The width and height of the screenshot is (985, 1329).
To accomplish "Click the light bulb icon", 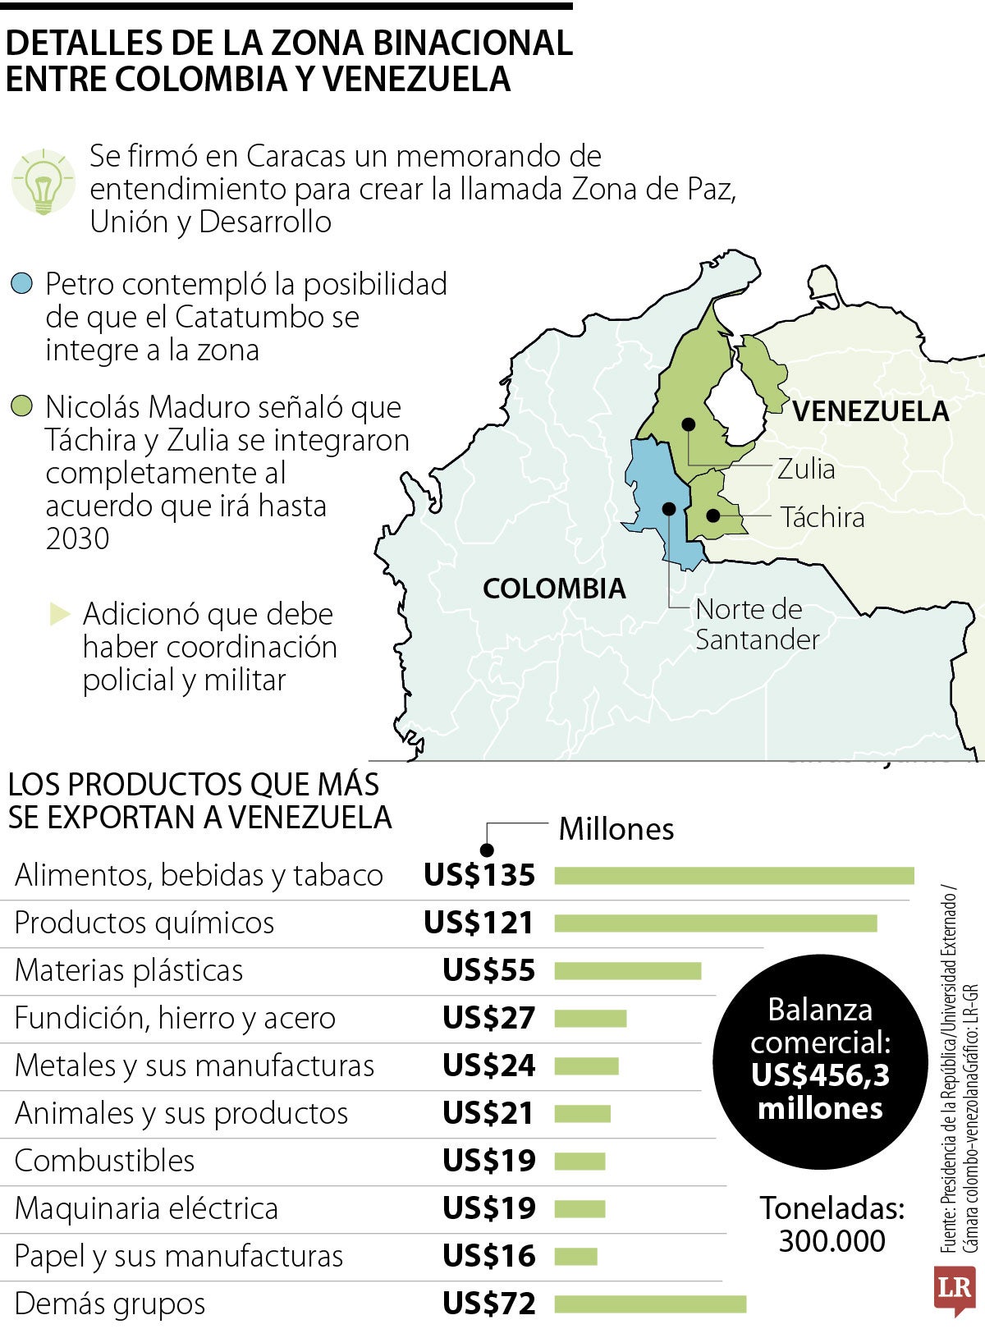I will (x=43, y=182).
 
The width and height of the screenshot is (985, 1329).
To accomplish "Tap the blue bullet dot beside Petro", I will (x=22, y=284).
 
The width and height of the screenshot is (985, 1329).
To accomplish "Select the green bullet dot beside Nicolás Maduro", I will (x=22, y=406).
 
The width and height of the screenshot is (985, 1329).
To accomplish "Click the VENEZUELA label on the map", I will (x=870, y=411).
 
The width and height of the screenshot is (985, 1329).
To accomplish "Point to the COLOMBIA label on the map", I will (x=554, y=589).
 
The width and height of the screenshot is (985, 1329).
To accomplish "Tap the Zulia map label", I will (x=806, y=470).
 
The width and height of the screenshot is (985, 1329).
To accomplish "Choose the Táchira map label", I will (x=822, y=517).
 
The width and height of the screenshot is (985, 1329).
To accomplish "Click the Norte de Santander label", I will (x=756, y=624).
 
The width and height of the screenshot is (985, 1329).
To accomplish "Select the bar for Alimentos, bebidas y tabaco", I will (x=734, y=876).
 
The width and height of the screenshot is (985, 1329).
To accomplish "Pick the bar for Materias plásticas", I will (x=628, y=971).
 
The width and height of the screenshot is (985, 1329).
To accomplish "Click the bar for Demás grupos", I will (x=650, y=1304).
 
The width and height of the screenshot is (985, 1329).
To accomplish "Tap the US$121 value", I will (x=479, y=923).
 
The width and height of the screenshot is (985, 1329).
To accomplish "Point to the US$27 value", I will (x=488, y=1019).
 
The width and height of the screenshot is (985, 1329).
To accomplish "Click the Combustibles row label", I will (x=105, y=1161).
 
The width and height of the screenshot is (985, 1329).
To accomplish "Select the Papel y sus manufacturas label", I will (x=179, y=1256).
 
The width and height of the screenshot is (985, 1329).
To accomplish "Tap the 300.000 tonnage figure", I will (x=832, y=1241).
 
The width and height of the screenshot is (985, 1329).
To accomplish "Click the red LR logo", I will (x=955, y=1288).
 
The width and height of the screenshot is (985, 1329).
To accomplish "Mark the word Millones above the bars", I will (x=616, y=829).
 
